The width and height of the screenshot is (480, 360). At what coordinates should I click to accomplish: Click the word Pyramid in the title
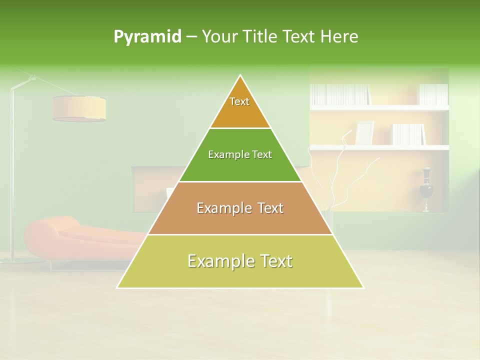pyautogui.click(x=147, y=37)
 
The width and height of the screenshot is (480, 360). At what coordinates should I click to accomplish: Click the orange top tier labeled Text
pyautogui.click(x=240, y=107)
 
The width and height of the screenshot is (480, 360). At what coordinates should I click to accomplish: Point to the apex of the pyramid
pyautogui.click(x=240, y=76)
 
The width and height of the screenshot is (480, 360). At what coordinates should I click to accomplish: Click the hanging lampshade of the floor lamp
pyautogui.click(x=79, y=108)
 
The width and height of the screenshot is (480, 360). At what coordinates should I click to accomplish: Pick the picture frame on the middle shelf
pyautogui.click(x=364, y=133)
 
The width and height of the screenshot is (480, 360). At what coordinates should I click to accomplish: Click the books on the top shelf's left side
pyautogui.click(x=340, y=94)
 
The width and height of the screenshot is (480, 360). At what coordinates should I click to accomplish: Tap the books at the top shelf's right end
pyautogui.click(x=433, y=94)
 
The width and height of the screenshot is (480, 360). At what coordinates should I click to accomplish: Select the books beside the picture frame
pyautogui.click(x=408, y=134)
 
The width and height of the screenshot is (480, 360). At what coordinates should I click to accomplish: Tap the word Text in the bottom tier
pyautogui.click(x=272, y=261)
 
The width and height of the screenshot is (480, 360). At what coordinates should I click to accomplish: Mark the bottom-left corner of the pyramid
pyautogui.click(x=117, y=287)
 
